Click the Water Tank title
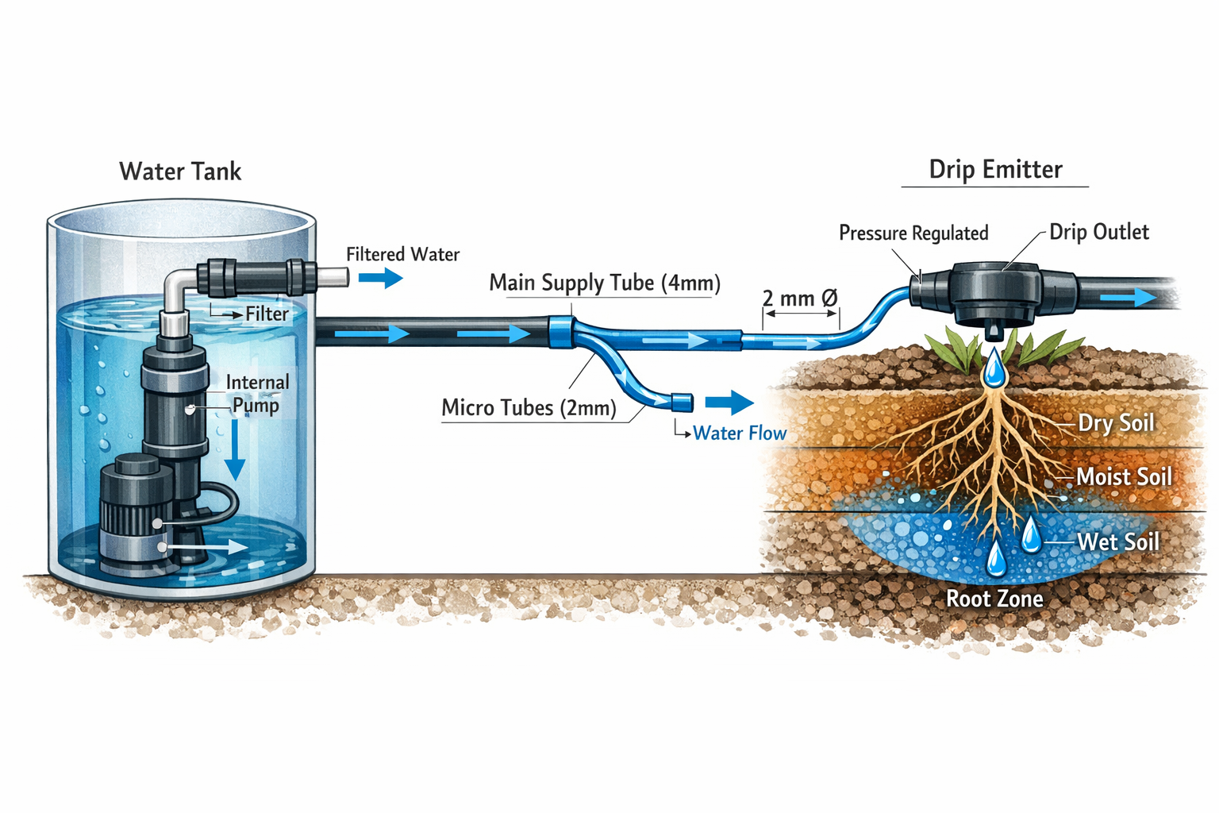pyautogui.click(x=180, y=171)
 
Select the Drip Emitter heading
pyautogui.click(x=995, y=170)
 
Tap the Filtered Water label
pyautogui.click(x=402, y=255)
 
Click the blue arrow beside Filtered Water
pyautogui.click(x=381, y=278)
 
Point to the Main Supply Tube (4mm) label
pyautogui.click(x=605, y=283)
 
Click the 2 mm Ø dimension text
pyautogui.click(x=799, y=299)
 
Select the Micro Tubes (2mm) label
pyautogui.click(x=529, y=408)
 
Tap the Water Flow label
pyautogui.click(x=739, y=433)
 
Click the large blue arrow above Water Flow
pyautogui.click(x=729, y=403)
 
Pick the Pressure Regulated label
pyautogui.click(x=913, y=233)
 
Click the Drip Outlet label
pyautogui.click(x=1098, y=233)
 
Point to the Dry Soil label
pyautogui.click(x=1116, y=423)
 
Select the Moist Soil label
pyautogui.click(x=1124, y=477)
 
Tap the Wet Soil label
pyautogui.click(x=1118, y=542)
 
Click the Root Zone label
pyautogui.click(x=994, y=599)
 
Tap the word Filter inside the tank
pyautogui.click(x=267, y=314)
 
